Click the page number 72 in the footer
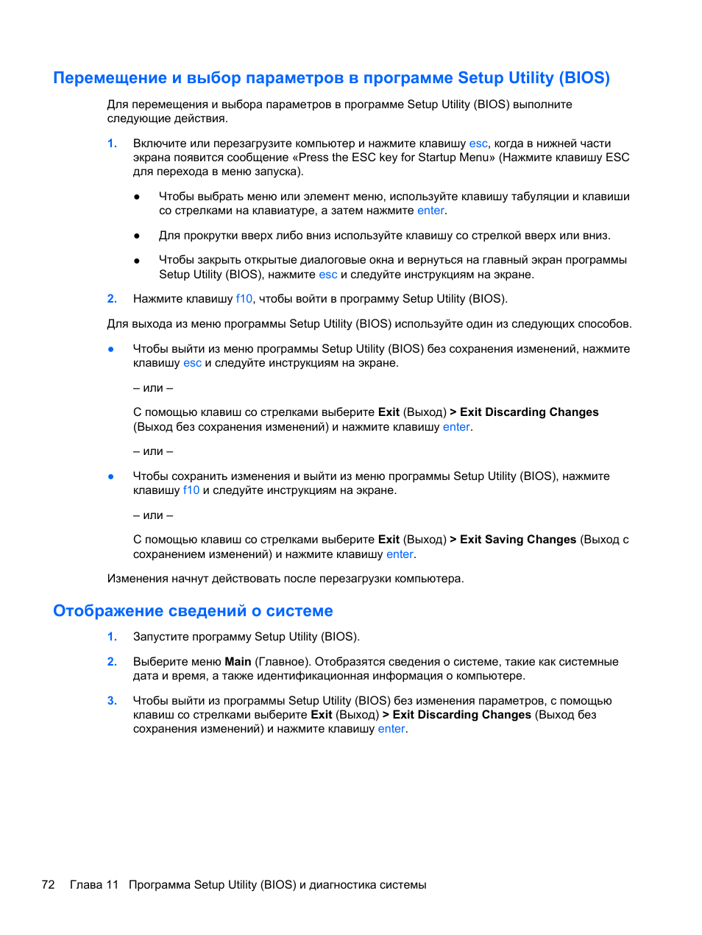pos(48,884)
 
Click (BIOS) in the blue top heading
pos(584,78)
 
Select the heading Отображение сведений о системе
pos(193,611)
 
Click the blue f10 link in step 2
pos(244,299)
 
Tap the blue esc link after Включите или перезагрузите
pos(478,144)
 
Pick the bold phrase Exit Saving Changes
pos(518,540)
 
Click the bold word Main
pos(238,662)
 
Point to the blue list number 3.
pos(112,701)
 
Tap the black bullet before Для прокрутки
pos(137,236)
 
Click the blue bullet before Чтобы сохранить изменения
pos(111,476)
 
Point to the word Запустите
pos(159,637)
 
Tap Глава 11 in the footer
pos(94,884)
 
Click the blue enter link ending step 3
pos(391,729)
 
